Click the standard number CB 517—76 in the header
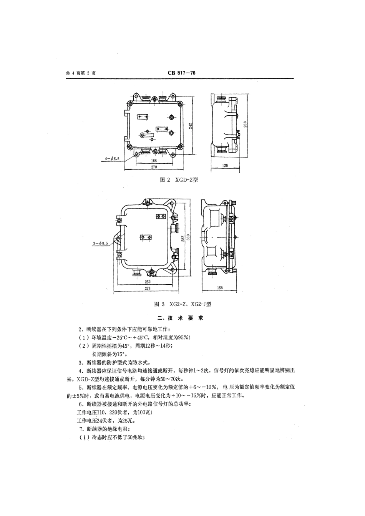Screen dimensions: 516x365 coord(182,74)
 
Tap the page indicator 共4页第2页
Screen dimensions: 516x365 coord(81,74)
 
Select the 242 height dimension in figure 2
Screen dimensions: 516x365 coord(191,125)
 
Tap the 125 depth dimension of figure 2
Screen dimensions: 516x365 coord(225,166)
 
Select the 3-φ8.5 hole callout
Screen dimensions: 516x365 coord(100,244)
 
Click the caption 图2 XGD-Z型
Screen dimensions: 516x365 coord(179,180)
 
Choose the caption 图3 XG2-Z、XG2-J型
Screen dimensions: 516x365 coord(182,304)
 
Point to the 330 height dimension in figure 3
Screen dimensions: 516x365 coord(188,238)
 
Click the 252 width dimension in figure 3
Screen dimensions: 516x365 coord(148,282)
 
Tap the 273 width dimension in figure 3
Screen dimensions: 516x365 coord(148,288)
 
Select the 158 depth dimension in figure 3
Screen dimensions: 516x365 coord(219,287)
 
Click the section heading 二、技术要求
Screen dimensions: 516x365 coord(180,318)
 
